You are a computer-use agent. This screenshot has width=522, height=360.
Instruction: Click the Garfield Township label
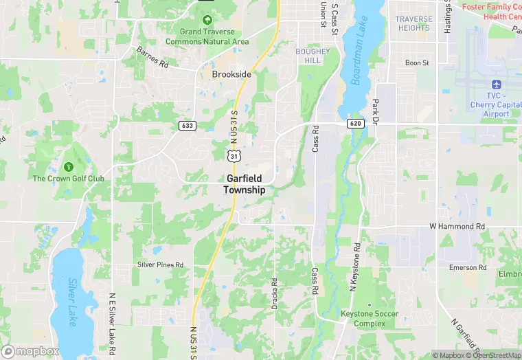click(x=244, y=183)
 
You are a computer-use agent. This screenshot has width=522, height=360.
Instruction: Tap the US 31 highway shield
click(x=235, y=157)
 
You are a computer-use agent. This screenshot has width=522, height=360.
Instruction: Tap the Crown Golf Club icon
click(x=68, y=167)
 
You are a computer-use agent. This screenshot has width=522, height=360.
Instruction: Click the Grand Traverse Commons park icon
click(x=207, y=20)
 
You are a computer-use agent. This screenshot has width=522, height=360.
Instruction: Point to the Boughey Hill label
click(x=313, y=56)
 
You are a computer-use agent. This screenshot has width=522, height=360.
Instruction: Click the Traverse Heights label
click(x=414, y=23)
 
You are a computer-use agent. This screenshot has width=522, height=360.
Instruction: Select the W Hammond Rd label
click(x=456, y=226)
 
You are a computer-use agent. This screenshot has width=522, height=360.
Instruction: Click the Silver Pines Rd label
click(x=161, y=265)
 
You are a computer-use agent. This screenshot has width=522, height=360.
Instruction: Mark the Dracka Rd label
click(x=275, y=291)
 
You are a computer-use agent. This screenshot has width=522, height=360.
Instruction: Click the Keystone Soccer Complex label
click(x=369, y=318)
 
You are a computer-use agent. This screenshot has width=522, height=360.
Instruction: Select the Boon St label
click(x=416, y=63)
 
